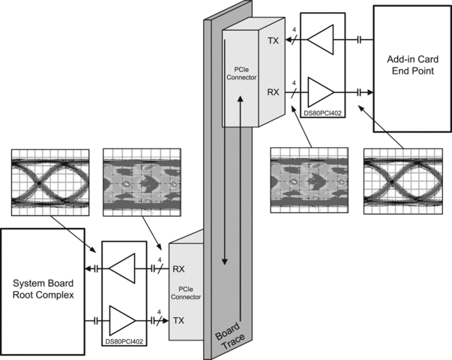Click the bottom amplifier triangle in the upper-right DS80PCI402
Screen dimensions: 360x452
[x=322, y=93]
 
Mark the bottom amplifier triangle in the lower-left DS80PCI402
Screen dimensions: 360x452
[x=121, y=319]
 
